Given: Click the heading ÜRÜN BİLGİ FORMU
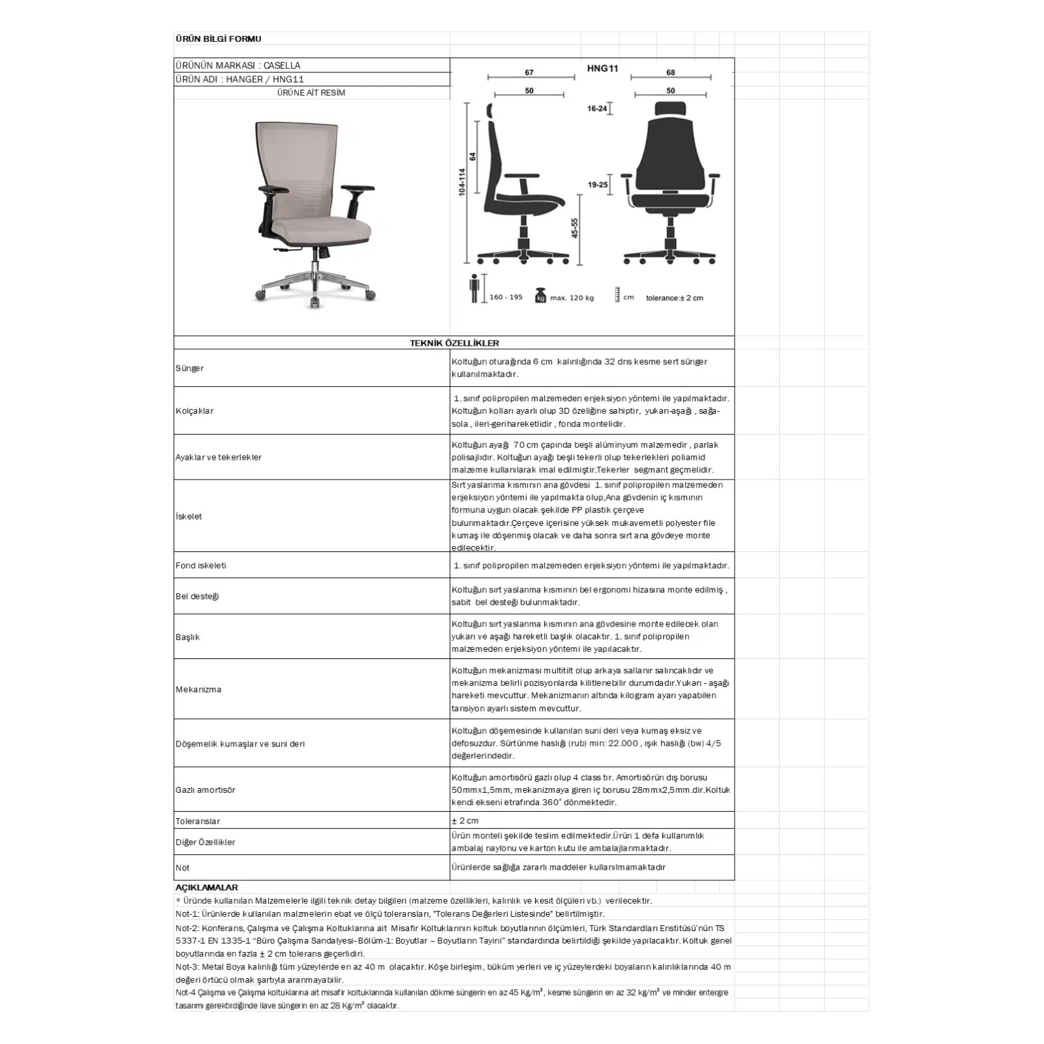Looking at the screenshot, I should [218, 39].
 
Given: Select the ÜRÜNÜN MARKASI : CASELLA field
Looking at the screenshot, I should [238, 65].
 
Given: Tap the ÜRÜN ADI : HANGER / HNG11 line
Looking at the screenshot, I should [240, 79].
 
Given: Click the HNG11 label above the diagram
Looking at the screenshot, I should [602, 69].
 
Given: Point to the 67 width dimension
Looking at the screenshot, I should [529, 72].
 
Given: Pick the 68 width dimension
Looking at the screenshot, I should [670, 72].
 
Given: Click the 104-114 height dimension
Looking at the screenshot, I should [462, 183].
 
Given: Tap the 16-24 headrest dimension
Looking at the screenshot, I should [596, 109].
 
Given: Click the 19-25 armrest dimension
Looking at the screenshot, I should [597, 185].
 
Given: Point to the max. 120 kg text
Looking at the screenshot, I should [572, 298].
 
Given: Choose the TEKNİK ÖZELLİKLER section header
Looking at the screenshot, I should [454, 343].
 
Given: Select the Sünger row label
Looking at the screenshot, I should [189, 369].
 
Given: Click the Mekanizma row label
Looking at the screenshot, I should [198, 690].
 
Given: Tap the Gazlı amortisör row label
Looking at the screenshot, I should [206, 790].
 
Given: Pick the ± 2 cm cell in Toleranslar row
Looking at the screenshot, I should [465, 821].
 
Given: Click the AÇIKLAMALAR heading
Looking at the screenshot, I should [207, 887].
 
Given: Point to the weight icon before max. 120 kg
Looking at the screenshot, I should [540, 296].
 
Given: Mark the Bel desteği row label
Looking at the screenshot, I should [197, 596].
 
